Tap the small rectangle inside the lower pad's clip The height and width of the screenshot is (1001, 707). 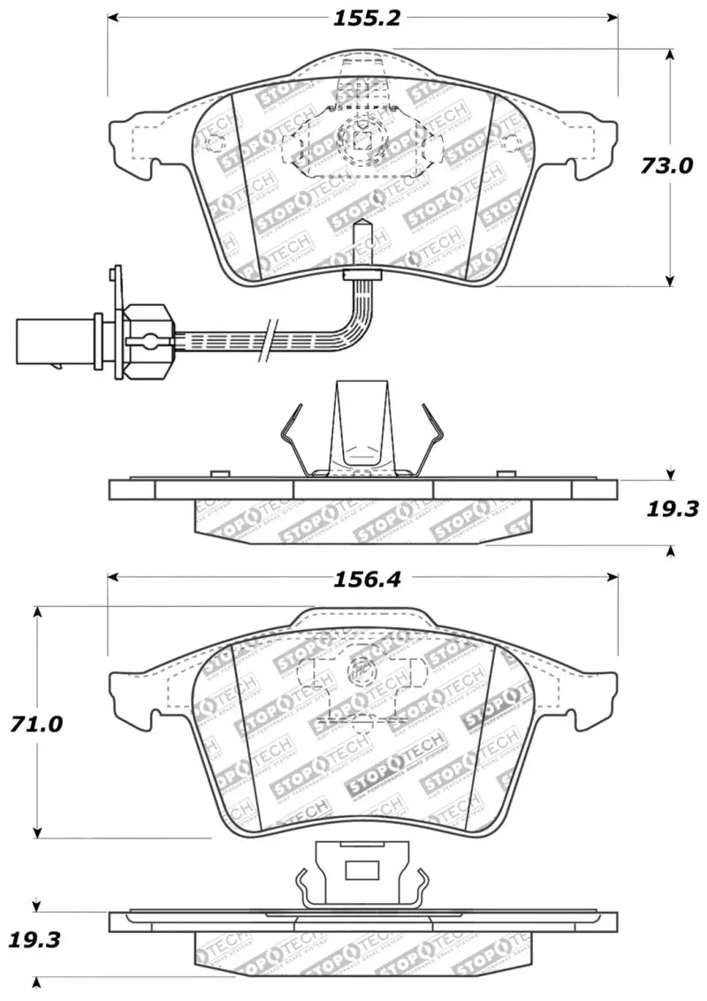(x=361, y=871)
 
